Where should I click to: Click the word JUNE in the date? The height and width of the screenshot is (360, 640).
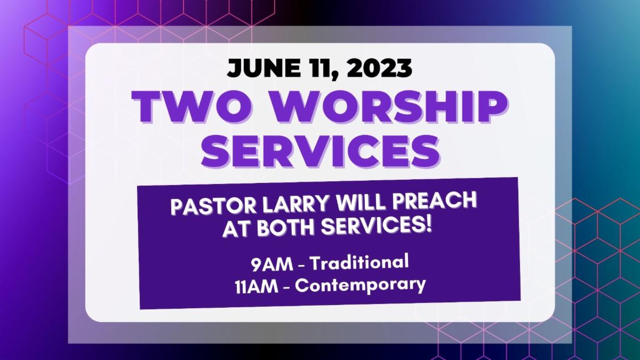click(x=261, y=69)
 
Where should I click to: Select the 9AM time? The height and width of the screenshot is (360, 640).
click(x=272, y=265)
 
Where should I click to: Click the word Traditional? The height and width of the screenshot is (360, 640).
click(x=359, y=262)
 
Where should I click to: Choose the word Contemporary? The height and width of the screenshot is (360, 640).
click(x=361, y=286)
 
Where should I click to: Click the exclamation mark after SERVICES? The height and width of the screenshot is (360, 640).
click(x=427, y=225)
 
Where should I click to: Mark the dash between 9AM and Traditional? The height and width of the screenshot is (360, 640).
click(x=302, y=265)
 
